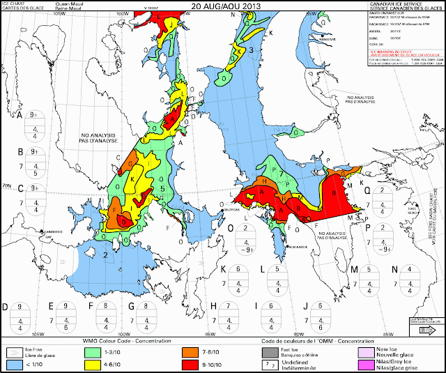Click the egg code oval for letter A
(x=36, y=122)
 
